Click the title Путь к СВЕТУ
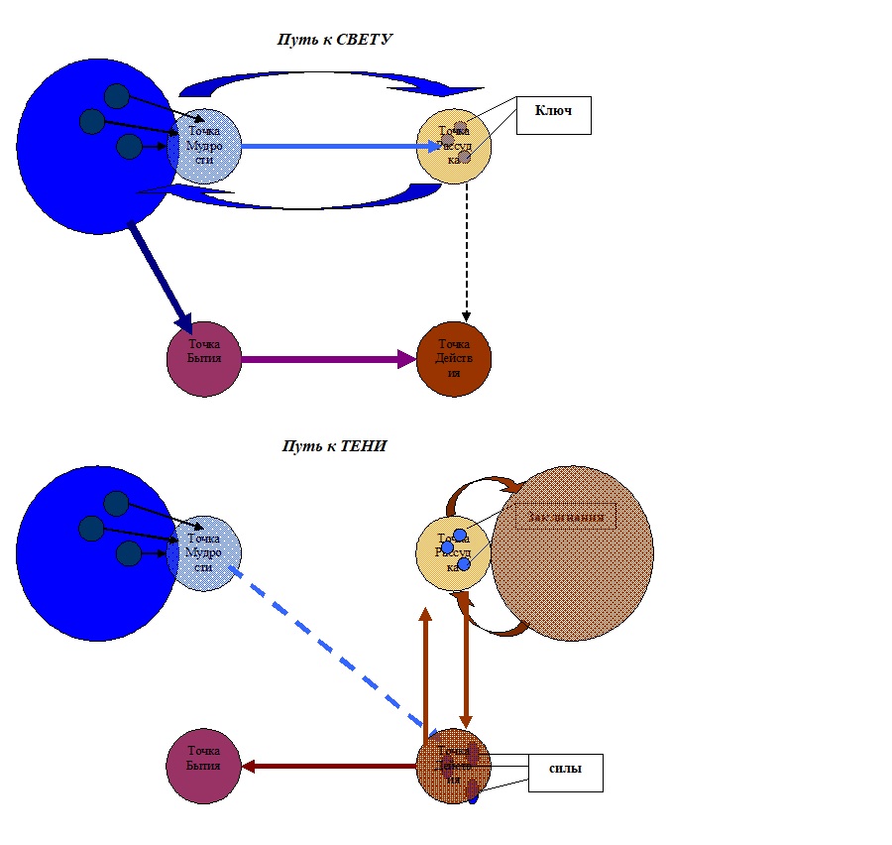[x=334, y=40]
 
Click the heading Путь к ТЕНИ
[x=334, y=446]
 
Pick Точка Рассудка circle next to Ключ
[x=454, y=146]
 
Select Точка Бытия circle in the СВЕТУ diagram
[x=204, y=358]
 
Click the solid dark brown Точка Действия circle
[x=454, y=358]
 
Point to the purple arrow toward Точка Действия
[x=327, y=359]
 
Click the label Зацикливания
[x=565, y=517]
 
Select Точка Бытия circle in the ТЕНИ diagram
[x=204, y=766]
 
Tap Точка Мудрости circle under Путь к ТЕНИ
[x=206, y=552]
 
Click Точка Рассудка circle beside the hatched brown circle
[x=452, y=552]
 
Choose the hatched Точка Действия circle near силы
[x=452, y=766]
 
